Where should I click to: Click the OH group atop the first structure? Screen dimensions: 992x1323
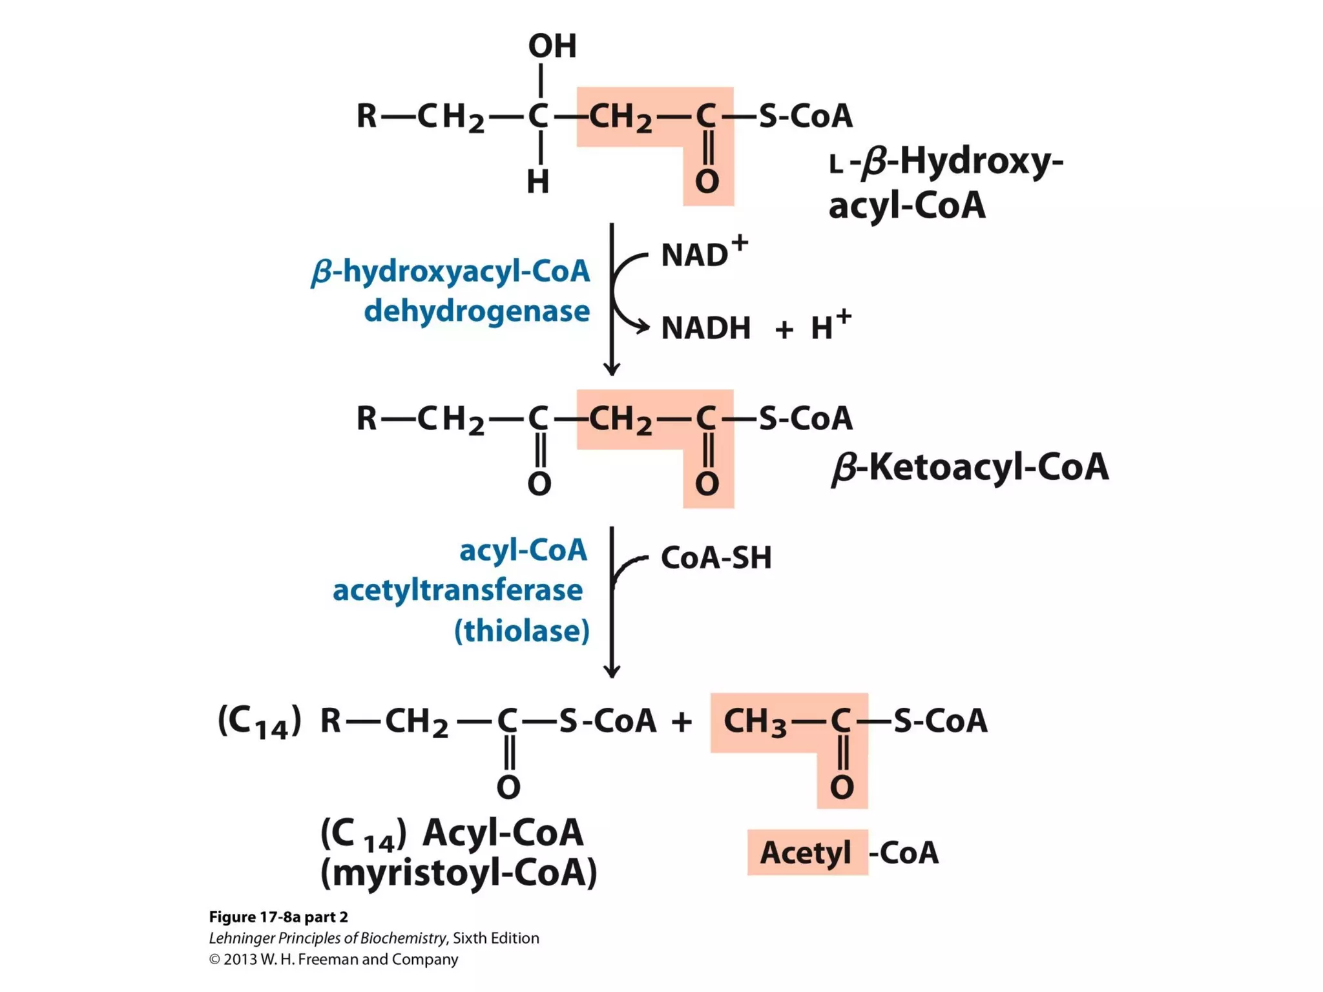pyautogui.click(x=552, y=46)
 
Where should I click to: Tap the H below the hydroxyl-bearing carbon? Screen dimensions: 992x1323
pyautogui.click(x=538, y=182)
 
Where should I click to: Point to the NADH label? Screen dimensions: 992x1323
pyautogui.click(x=705, y=328)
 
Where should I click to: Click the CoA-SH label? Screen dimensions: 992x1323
pyautogui.click(x=716, y=558)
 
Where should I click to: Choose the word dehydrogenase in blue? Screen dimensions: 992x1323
pyautogui.click(x=477, y=311)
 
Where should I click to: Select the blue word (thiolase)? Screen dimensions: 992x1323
pyautogui.click(x=521, y=631)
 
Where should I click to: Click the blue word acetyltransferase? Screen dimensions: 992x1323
pyautogui.click(x=457, y=590)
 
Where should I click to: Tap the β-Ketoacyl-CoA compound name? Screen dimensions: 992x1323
pyautogui.click(x=969, y=467)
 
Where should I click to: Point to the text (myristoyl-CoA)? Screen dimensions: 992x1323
pyautogui.click(x=459, y=873)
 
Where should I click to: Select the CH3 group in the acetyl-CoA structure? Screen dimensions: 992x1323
pyautogui.click(x=755, y=722)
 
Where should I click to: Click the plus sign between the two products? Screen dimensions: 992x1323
pyautogui.click(x=682, y=722)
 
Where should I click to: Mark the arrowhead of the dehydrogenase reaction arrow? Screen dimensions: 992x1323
pyautogui.click(x=611, y=369)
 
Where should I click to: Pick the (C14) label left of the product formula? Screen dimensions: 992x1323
pyautogui.click(x=259, y=722)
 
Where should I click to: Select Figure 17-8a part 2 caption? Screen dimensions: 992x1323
pyautogui.click(x=278, y=917)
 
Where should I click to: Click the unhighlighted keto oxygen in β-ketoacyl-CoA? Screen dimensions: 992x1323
pyautogui.click(x=539, y=484)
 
